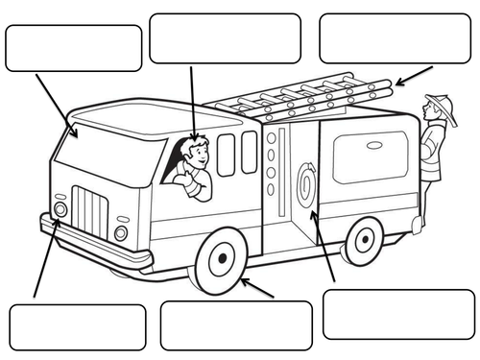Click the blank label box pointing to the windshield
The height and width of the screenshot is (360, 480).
74,48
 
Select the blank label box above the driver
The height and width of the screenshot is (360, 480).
225,38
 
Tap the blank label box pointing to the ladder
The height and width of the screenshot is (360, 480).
396,38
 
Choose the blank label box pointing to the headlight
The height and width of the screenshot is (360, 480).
77,326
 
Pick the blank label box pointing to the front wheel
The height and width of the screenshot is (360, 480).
236,324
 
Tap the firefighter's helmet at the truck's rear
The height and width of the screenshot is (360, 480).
441,101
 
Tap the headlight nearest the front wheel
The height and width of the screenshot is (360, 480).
121,233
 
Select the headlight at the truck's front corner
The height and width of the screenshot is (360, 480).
60,208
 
